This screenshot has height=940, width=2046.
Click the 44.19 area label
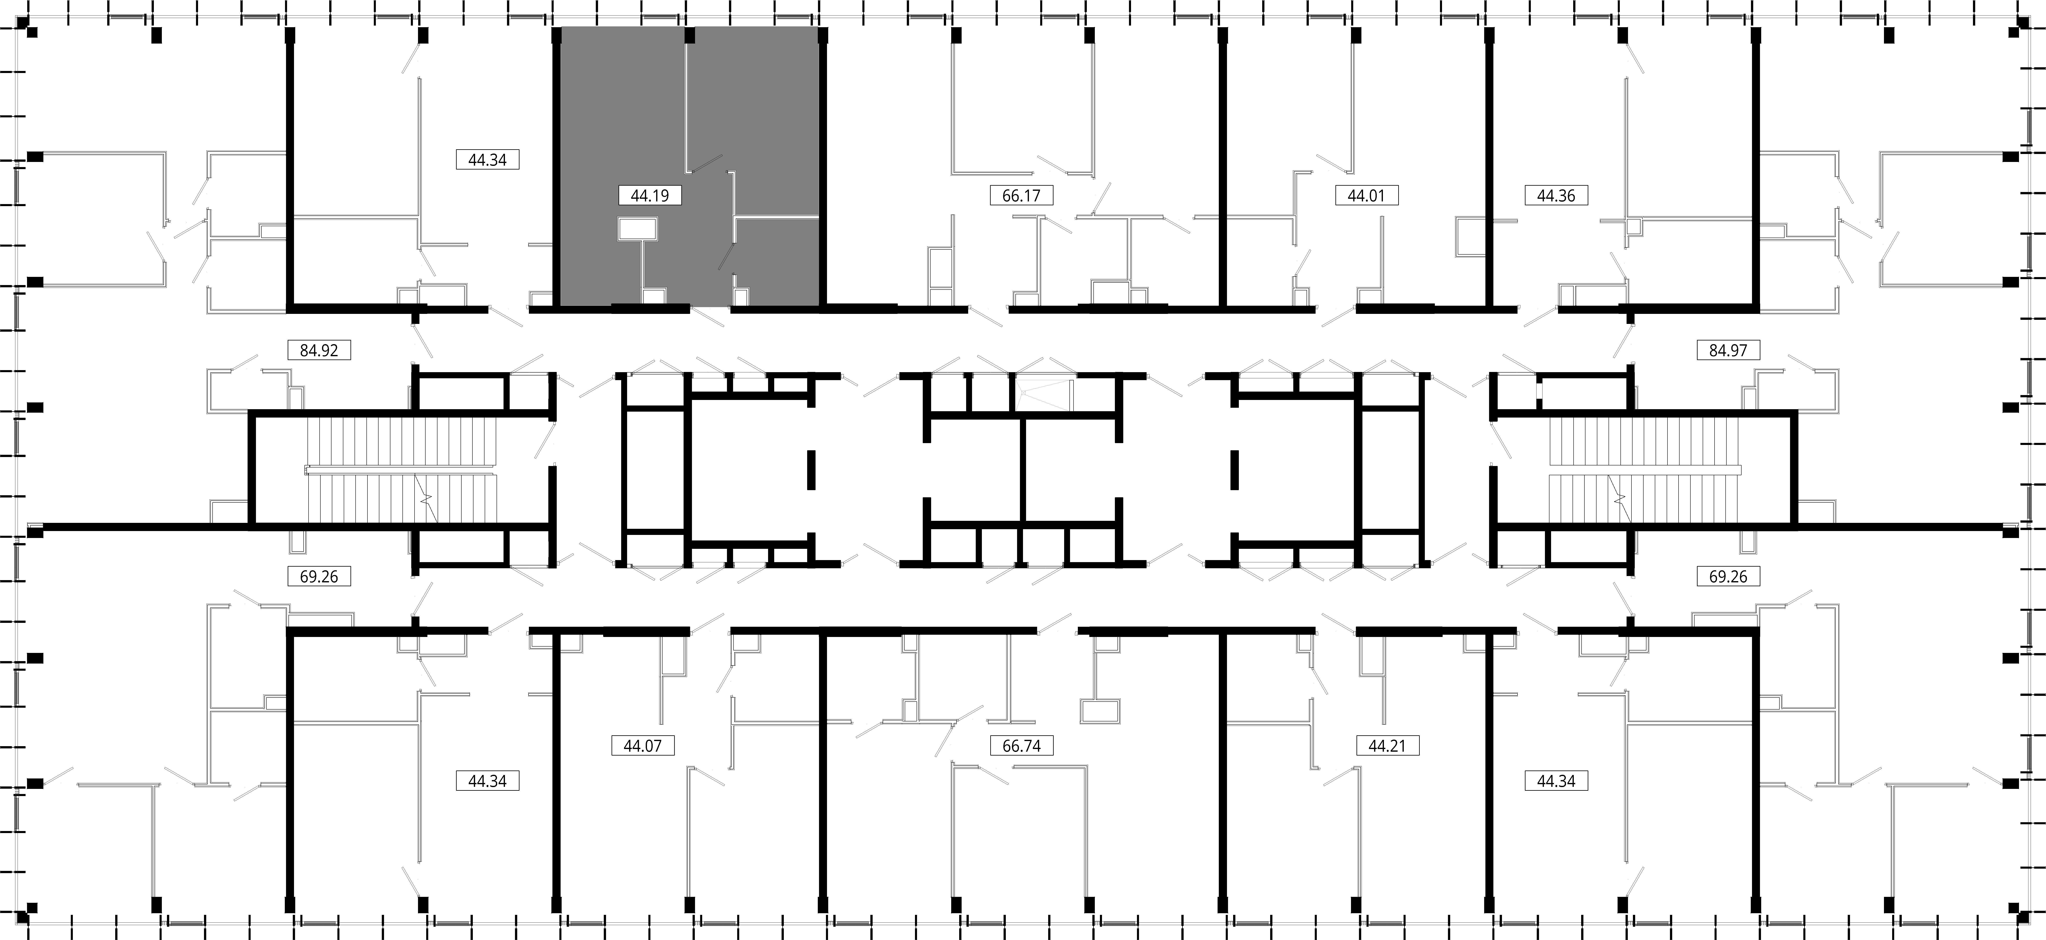point(649,194)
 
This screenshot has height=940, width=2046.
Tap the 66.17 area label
point(1021,194)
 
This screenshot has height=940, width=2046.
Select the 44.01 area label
point(1366,194)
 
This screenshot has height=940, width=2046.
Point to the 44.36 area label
point(1556,194)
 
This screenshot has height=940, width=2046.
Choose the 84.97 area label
point(1728,349)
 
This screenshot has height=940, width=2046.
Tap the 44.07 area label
point(643,746)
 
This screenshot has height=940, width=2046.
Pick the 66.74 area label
point(1021,746)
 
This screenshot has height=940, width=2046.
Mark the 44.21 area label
point(1387,746)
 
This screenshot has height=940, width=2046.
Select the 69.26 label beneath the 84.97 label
point(1728,576)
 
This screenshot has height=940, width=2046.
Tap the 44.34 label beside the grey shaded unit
point(487,159)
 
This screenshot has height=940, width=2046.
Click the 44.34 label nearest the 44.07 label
point(487,781)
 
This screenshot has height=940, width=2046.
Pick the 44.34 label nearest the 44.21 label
point(1556,781)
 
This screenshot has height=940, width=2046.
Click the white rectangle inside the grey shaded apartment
point(638,229)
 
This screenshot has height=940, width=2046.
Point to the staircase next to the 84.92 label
point(401,470)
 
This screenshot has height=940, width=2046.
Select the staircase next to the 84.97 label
point(1644,470)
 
